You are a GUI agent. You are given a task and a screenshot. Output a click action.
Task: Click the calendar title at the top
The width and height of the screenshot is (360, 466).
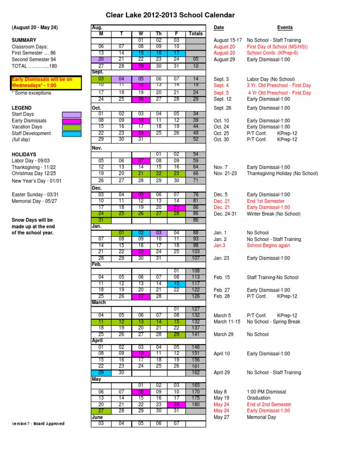point(170,15)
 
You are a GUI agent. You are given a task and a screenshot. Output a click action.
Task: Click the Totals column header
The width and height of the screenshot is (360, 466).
point(195,34)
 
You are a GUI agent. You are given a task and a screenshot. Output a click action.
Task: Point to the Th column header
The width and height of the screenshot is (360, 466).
point(158,34)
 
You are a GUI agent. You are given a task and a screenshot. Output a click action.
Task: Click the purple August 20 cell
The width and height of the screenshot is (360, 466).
point(101,60)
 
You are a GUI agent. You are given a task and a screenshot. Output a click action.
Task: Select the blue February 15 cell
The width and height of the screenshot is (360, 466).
point(177,284)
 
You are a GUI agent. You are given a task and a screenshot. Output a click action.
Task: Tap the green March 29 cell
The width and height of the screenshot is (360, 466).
point(177,334)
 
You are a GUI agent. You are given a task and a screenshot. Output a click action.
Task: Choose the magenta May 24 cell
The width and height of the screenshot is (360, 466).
point(177,404)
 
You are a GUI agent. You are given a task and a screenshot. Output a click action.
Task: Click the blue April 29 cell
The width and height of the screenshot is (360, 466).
point(101,373)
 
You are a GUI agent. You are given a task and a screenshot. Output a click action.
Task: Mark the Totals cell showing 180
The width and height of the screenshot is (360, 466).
point(195,404)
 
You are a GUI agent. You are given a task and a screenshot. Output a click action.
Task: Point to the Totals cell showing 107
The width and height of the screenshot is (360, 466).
point(195,258)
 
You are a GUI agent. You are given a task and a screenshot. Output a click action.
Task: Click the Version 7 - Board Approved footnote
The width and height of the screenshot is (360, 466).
point(38,424)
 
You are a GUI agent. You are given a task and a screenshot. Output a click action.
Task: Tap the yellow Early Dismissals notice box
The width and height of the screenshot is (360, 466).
point(42,83)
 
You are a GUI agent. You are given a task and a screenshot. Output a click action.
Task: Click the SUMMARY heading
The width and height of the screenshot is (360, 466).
point(23,40)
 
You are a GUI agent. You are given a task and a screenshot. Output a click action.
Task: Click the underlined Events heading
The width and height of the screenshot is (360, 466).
point(285,28)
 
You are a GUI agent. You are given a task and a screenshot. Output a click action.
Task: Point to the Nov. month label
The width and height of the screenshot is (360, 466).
point(97,148)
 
